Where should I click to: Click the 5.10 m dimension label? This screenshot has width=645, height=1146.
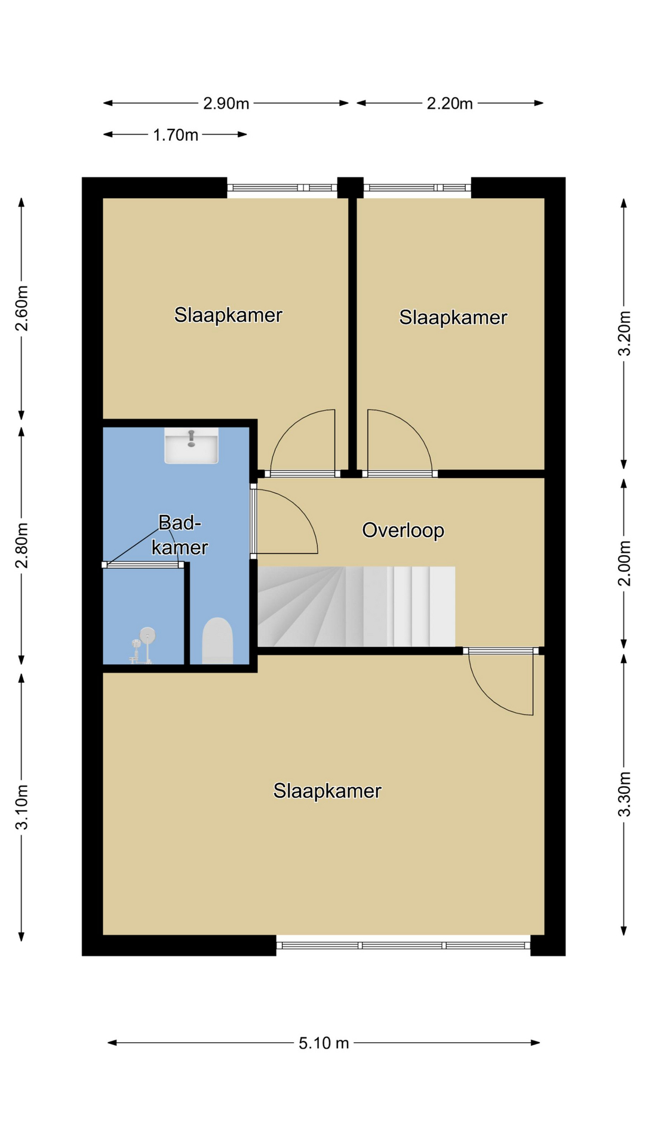coord(324,1043)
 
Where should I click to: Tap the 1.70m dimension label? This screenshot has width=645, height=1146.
coord(176,135)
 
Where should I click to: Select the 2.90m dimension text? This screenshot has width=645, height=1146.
coord(226,103)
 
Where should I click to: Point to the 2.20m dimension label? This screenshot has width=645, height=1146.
coord(450,104)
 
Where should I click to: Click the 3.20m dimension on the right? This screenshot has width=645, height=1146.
coord(624,333)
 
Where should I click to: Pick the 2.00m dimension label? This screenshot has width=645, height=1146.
coord(624,563)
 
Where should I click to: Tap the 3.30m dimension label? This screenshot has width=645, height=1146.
coord(624,794)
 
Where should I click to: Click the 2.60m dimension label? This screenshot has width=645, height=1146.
coord(21,308)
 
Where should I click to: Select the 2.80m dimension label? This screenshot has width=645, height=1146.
coord(21,546)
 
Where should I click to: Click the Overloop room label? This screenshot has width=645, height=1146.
coord(403,530)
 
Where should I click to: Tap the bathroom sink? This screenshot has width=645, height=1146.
coord(191,445)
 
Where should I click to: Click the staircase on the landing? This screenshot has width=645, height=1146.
coord(357,606)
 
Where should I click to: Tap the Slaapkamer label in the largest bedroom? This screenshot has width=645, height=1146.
coord(327,791)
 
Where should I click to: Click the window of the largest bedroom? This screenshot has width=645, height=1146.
coord(403,945)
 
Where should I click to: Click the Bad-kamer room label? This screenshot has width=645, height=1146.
coord(179,535)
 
